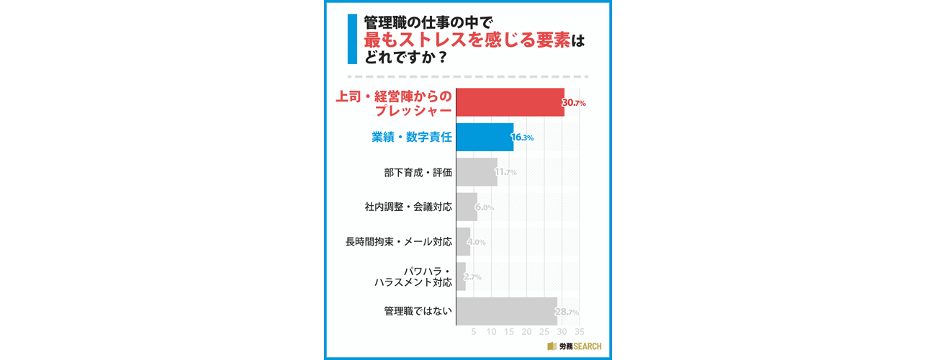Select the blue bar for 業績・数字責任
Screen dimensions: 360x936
[x=485, y=137]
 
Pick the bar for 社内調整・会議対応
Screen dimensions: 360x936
[x=467, y=207]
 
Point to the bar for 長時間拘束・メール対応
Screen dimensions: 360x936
[x=463, y=242]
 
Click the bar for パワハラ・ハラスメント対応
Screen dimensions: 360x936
[x=461, y=276]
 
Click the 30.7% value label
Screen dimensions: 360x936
[x=574, y=103]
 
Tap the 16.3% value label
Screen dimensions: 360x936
[x=522, y=138]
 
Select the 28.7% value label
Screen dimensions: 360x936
[x=567, y=312]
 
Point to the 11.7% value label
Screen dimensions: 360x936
[x=505, y=172]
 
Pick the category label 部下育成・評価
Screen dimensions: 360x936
[x=418, y=172]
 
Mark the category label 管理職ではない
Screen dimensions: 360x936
[x=418, y=311]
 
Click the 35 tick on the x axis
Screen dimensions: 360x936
[x=579, y=332]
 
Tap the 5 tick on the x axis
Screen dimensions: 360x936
[x=474, y=332]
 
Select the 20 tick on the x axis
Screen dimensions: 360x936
[x=526, y=332]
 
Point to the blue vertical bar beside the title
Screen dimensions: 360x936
[x=352, y=39]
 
